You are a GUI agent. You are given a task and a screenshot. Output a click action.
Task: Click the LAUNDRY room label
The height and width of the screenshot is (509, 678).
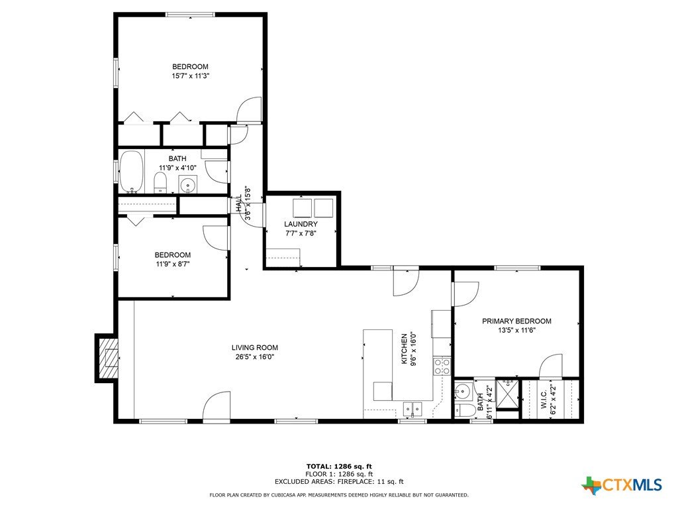tap(301, 224)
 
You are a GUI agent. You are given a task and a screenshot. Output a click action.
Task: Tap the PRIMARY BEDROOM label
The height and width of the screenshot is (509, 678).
tap(516, 321)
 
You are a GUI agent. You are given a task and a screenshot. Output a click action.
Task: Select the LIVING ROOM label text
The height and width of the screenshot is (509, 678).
tap(255, 347)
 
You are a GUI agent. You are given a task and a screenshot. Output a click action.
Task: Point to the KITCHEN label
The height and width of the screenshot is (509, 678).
tap(405, 349)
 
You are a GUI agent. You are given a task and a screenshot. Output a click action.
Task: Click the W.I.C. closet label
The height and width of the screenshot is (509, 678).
tap(544, 398)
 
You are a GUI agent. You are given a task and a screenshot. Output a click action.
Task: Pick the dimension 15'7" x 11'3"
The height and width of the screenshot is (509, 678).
tap(191, 76)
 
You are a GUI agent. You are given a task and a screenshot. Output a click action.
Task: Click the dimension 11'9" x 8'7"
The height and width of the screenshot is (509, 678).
tap(173, 264)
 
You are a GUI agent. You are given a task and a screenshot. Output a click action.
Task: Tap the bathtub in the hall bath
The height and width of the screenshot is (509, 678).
tap(131, 172)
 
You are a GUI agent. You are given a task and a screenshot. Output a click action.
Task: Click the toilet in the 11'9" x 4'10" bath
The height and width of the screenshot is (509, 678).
tap(160, 183)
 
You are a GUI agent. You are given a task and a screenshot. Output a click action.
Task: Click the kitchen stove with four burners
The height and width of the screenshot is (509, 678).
tap(442, 366)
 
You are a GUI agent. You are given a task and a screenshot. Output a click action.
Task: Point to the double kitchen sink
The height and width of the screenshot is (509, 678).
tap(412, 408)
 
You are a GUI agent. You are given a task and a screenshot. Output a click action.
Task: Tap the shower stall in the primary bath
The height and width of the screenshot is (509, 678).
tap(507, 394)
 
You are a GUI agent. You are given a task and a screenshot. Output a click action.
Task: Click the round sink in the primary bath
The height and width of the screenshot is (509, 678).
tap(463, 392)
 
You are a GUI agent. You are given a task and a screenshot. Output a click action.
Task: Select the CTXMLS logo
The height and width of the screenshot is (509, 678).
tap(622, 484)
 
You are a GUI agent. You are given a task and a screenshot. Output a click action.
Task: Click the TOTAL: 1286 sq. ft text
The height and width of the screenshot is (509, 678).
tap(339, 467)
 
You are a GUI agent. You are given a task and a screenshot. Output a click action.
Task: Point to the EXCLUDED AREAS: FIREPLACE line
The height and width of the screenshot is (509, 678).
tap(339, 481)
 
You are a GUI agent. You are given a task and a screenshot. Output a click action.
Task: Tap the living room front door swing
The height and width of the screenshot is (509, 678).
tap(217, 406)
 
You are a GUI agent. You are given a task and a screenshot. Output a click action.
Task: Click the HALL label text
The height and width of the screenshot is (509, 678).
tap(239, 203)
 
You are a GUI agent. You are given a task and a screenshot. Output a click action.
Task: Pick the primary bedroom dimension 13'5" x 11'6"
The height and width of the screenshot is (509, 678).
tap(516, 330)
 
